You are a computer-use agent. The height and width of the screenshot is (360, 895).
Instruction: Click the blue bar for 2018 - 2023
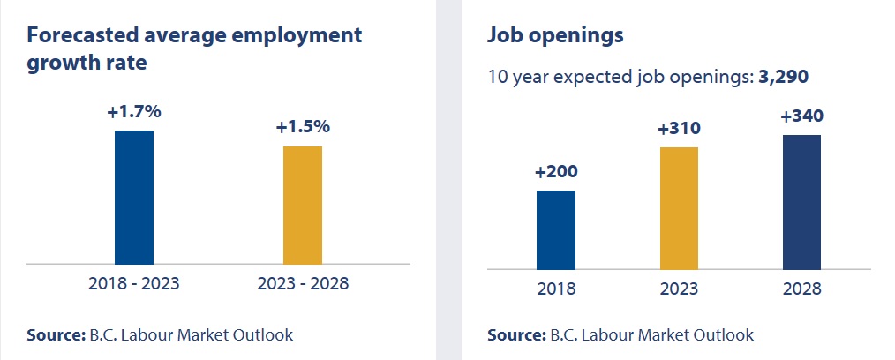(134, 197)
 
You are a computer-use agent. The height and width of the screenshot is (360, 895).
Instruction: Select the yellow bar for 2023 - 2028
(303, 205)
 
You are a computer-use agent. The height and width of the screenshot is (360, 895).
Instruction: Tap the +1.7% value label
(134, 113)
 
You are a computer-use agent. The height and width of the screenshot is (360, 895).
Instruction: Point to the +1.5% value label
(303, 127)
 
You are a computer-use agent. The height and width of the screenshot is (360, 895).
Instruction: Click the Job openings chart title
(556, 36)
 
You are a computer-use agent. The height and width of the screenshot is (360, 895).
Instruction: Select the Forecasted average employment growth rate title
(195, 49)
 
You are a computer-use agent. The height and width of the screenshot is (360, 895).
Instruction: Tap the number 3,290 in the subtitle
(784, 77)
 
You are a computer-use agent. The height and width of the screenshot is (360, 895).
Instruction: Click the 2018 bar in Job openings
(556, 229)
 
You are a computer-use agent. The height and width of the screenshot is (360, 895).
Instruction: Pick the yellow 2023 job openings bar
(679, 207)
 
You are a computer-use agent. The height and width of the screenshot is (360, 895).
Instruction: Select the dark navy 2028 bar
(801, 202)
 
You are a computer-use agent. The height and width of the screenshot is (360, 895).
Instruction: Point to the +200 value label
(556, 172)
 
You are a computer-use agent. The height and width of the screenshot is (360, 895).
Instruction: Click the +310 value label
(679, 129)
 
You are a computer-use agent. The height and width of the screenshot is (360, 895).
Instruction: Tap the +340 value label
(801, 116)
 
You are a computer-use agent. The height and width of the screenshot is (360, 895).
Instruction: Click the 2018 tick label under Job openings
(556, 289)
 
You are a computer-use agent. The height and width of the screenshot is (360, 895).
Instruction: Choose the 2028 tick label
(801, 289)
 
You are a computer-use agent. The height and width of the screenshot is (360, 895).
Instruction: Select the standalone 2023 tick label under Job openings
(679, 289)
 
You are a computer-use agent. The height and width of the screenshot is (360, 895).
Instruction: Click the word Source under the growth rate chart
(55, 335)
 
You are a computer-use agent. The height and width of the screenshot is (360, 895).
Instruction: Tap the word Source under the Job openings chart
(515, 335)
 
